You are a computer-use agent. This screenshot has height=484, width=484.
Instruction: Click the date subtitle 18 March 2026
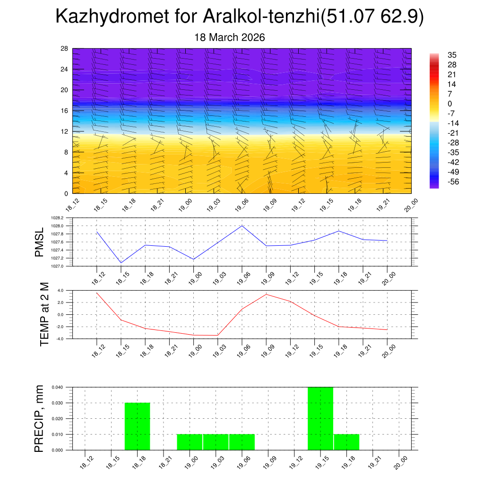(230, 37)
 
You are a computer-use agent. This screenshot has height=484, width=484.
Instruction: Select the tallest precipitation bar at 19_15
(320, 418)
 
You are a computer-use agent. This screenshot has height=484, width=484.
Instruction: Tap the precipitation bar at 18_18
(138, 426)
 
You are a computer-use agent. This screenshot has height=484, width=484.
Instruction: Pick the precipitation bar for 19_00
(190, 442)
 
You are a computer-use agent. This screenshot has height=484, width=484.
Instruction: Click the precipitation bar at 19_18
(346, 442)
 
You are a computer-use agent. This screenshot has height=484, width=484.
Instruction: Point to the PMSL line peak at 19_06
(242, 225)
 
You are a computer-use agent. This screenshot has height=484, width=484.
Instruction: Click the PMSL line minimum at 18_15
(121, 263)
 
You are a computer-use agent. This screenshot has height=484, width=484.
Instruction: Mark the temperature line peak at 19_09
(266, 294)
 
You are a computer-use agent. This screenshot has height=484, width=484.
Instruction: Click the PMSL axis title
(39, 242)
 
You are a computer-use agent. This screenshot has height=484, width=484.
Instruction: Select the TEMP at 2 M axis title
(44, 314)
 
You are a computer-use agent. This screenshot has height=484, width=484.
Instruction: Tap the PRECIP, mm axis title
(39, 418)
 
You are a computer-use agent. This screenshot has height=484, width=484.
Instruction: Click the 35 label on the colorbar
(452, 55)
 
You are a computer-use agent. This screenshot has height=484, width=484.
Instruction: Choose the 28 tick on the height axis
(65, 49)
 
